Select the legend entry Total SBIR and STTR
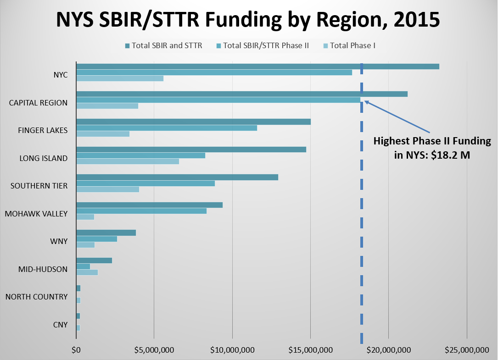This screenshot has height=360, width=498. click(x=163, y=45)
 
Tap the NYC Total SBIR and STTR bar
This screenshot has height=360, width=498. click(x=257, y=66)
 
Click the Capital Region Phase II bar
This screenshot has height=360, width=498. click(x=218, y=100)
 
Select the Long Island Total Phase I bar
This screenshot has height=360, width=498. click(x=127, y=161)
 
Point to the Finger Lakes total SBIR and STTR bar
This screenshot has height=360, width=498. click(x=193, y=122)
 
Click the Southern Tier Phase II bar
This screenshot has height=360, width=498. click(x=145, y=183)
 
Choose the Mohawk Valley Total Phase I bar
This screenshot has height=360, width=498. click(x=85, y=217)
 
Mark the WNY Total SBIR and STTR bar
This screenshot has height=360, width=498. click(x=106, y=233)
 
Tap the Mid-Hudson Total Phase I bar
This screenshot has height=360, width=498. click(x=87, y=272)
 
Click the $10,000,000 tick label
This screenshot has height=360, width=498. click(x=232, y=350)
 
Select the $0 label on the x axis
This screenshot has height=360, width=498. click(x=76, y=350)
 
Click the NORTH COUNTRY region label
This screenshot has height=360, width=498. click(x=36, y=297)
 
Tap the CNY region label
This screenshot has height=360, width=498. click(x=60, y=325)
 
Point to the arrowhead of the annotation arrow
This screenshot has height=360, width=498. click(x=366, y=102)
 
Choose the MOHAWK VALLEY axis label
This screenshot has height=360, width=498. click(x=36, y=214)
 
